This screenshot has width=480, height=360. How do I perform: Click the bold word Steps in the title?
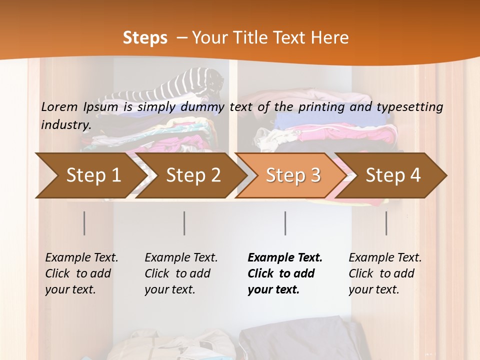pyautogui.click(x=145, y=38)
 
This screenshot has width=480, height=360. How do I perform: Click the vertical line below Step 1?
pyautogui.click(x=84, y=223)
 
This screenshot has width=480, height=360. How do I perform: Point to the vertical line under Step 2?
pyautogui.click(x=184, y=223)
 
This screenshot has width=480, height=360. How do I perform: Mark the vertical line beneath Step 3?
pyautogui.click(x=285, y=223)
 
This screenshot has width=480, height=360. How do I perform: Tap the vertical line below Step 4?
pyautogui.click(x=386, y=223)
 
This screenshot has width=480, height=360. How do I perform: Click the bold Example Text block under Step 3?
pyautogui.click(x=285, y=273)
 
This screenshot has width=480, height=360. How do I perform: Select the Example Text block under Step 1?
pyautogui.click(x=81, y=273)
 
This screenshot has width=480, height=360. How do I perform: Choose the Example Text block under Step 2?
pyautogui.click(x=181, y=273)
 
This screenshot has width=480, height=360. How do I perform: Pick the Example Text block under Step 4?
pyautogui.click(x=385, y=273)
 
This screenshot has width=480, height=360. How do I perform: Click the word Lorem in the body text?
pyautogui.click(x=59, y=106)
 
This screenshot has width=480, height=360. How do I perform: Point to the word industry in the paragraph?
pyautogui.click(x=65, y=125)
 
